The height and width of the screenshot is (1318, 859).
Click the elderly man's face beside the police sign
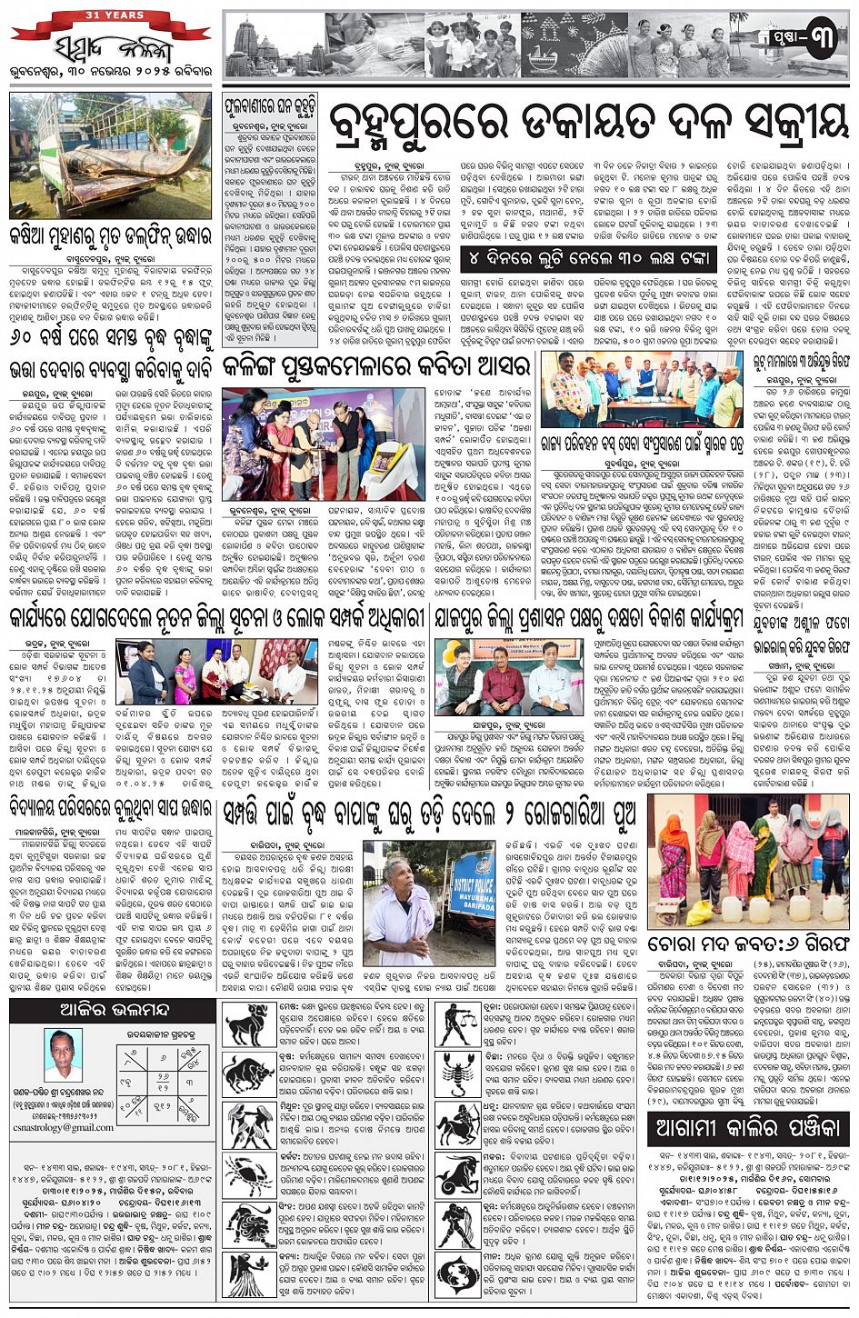coord(401,873)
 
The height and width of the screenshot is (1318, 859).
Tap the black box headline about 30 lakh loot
coord(587,258)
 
